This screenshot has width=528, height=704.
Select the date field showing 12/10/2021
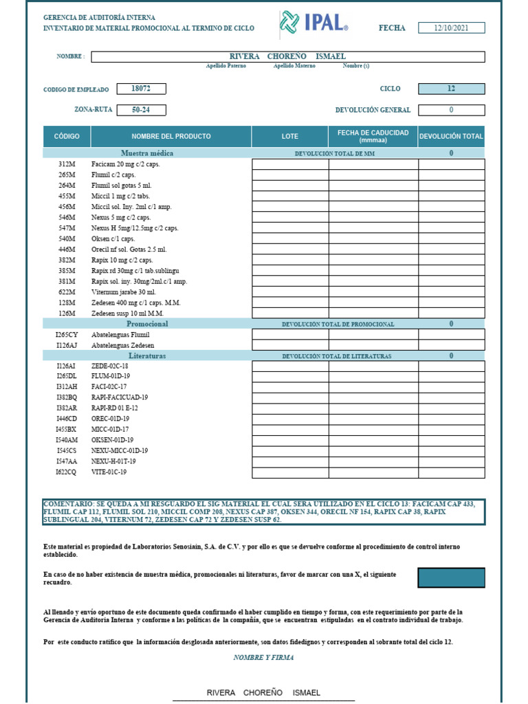(x=451, y=28)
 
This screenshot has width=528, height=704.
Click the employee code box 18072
(x=141, y=89)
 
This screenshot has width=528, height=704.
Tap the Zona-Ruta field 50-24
(x=141, y=110)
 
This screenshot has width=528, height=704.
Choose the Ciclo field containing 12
(x=451, y=89)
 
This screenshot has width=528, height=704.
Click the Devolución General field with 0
(x=451, y=110)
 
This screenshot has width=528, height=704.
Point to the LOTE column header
(x=290, y=136)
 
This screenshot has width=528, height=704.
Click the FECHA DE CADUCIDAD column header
(x=373, y=136)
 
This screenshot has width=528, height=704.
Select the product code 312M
(x=67, y=164)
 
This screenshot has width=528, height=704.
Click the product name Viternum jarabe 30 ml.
(x=124, y=292)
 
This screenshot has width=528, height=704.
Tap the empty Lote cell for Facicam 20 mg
(x=290, y=164)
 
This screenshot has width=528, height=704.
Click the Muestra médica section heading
(x=147, y=153)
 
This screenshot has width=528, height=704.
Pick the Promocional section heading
(x=147, y=324)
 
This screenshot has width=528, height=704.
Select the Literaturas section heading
(x=147, y=356)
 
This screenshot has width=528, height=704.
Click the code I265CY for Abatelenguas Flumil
(x=67, y=335)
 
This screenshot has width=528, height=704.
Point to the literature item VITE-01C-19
(x=109, y=472)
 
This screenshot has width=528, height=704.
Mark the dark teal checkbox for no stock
(x=451, y=577)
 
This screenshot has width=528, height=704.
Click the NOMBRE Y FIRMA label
(x=263, y=657)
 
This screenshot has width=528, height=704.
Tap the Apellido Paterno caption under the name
(x=225, y=66)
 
